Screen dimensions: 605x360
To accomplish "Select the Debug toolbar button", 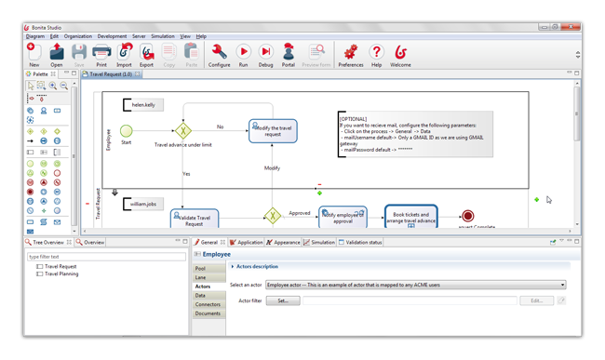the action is click(265, 53).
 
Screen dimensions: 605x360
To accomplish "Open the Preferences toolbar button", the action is click(351, 53).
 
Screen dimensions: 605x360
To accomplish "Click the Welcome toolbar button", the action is click(401, 53).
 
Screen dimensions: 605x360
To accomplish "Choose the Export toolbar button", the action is click(147, 53).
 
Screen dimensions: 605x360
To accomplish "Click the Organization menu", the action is click(78, 36).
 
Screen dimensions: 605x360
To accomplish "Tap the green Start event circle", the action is click(127, 132).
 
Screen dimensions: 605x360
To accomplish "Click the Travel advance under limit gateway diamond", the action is click(183, 131).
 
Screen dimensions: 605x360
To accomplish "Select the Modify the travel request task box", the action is click(273, 130).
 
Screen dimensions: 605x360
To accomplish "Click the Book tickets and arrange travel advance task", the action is click(410, 217).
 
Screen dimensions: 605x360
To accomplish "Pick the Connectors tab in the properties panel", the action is click(208, 304).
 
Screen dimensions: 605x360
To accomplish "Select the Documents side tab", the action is click(208, 313).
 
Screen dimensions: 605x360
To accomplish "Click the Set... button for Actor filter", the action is click(283, 300).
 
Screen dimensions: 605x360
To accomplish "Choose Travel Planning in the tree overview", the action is click(63, 274).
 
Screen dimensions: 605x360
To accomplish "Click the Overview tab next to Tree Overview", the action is click(94, 242).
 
